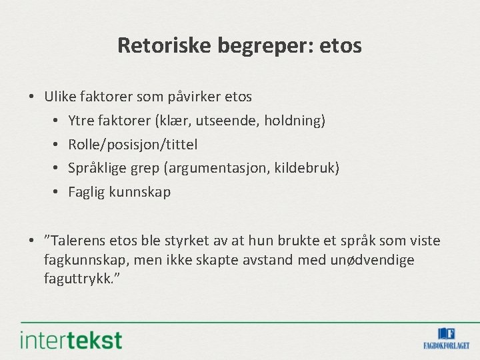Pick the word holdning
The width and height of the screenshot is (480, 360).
294,121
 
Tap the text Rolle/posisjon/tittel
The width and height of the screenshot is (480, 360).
133,145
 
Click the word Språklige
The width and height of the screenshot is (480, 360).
97,169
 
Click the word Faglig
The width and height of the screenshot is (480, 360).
87,193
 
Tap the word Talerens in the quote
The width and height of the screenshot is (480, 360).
78,241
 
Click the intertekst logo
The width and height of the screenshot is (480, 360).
71,340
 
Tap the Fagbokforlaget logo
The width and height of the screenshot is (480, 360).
446,338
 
